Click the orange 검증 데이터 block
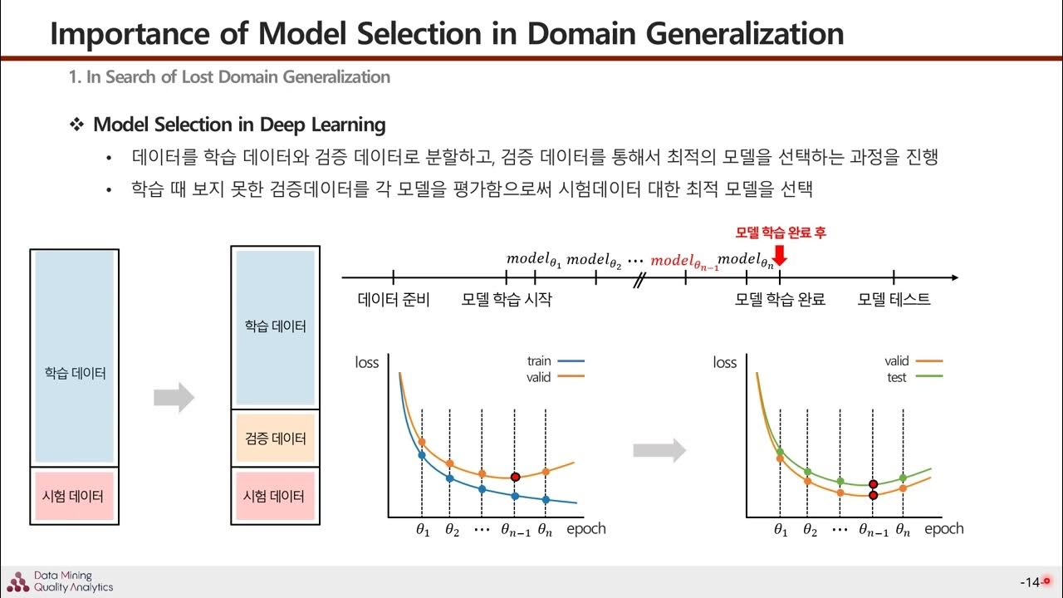coord(274,438)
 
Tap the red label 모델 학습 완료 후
coord(781,233)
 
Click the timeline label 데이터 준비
coord(394,300)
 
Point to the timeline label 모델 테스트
coord(894,300)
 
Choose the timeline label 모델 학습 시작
coord(506,300)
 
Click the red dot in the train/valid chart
coord(515,477)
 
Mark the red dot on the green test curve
coord(874,484)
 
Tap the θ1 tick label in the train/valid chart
coord(422,531)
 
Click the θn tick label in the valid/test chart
coord(904,531)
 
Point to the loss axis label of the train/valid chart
coord(366,362)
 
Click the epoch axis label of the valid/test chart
coord(944,528)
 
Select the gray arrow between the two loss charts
coord(659,451)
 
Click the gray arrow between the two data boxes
coord(174,398)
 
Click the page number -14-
coord(1030,582)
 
